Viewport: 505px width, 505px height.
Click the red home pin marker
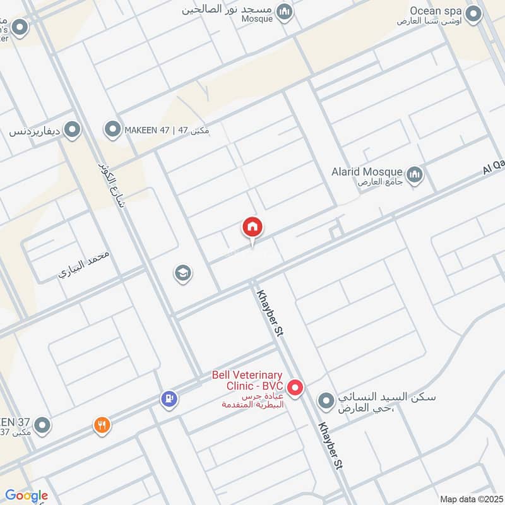point(252,227)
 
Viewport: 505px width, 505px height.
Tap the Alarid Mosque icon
point(415,174)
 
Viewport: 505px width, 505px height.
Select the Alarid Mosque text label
point(367,172)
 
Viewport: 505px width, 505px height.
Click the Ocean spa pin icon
point(474,13)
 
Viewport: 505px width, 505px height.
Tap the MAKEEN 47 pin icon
point(113,130)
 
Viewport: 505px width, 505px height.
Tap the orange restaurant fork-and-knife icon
point(102,425)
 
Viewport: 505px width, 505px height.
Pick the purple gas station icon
point(169,398)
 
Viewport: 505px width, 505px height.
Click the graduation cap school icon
point(183,273)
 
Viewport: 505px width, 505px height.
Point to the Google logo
point(27,495)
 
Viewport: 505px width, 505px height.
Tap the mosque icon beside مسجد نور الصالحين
point(285,11)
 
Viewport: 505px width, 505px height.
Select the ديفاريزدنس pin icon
point(73,131)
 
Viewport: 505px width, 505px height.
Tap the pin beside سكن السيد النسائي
point(326,401)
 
